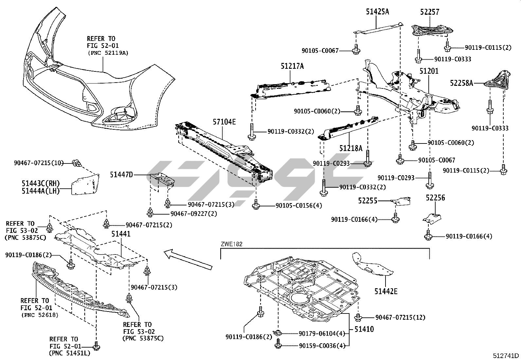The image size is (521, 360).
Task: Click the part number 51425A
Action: click(377, 12)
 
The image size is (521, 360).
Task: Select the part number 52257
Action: click(430, 12)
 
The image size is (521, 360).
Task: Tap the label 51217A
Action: click(292, 66)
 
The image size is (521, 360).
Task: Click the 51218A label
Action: click(350, 148)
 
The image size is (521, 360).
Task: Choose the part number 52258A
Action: click(461, 83)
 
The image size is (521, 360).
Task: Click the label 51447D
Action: click(121, 175)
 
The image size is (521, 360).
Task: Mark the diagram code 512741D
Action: click(506, 356)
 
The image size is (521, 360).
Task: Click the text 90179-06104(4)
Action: click(322, 333)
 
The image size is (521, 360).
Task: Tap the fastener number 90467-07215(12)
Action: click(400, 317)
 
